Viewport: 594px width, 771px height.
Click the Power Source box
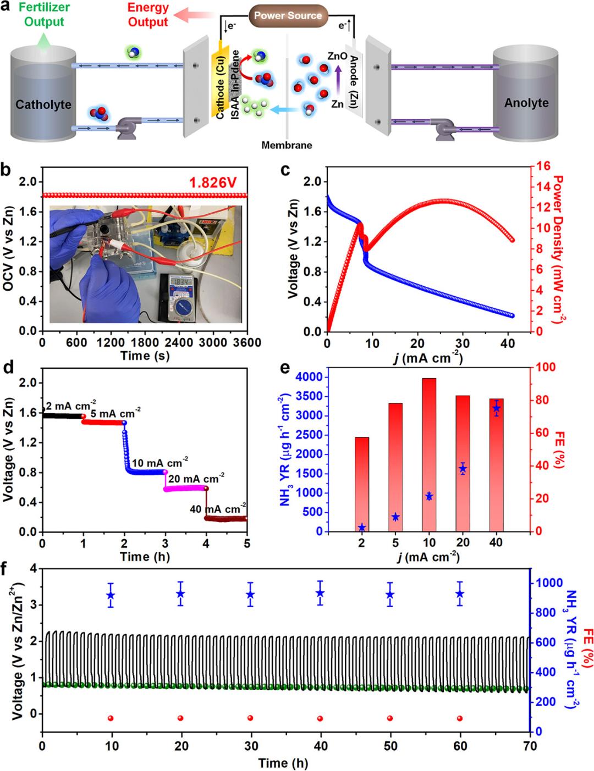[288, 15]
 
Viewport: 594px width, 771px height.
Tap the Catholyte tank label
[43, 104]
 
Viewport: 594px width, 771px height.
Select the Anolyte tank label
[526, 103]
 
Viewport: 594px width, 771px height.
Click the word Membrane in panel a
[287, 146]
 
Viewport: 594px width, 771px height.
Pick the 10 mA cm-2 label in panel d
[160, 462]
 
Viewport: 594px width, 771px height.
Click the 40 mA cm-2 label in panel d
[218, 508]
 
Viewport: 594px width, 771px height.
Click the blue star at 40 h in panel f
[320, 593]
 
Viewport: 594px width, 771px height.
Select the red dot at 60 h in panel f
[460, 718]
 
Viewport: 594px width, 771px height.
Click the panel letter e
[286, 367]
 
